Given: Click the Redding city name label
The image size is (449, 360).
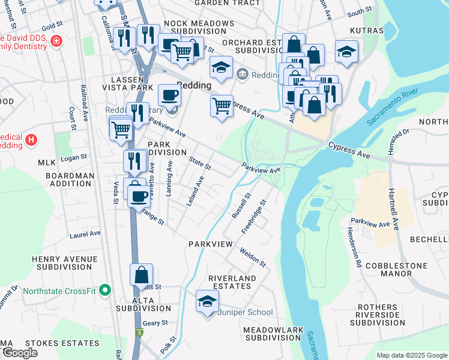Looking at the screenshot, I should coord(194,85).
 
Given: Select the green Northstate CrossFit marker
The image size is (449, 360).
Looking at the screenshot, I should coord(106,291).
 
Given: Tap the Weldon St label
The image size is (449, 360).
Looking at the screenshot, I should coord(253,256).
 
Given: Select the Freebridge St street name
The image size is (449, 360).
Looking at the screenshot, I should coord(253,217).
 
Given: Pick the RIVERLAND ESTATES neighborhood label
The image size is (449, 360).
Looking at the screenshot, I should coord(232,283).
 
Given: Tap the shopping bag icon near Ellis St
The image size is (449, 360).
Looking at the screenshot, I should coord(142,275).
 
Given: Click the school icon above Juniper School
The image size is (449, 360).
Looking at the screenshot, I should coord(207,301).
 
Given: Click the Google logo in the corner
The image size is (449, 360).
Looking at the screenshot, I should coord(20,353).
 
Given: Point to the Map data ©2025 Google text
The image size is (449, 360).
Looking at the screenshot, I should coord(411,355).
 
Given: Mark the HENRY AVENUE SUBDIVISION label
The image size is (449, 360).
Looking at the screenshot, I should coord(64,263).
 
